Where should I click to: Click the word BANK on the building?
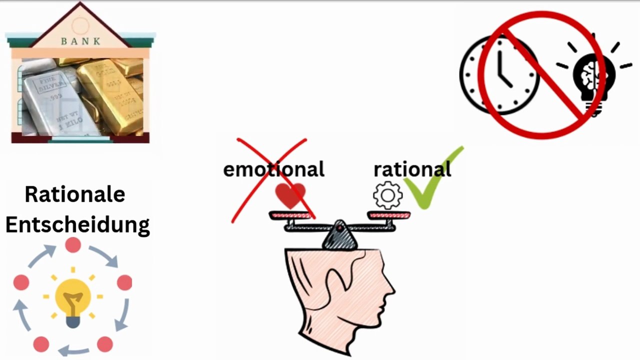click(x=80, y=41)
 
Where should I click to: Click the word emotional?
click(x=273, y=169)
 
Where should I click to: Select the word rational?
click(x=412, y=169)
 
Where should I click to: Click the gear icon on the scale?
click(x=387, y=195)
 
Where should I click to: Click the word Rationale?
click(x=75, y=194)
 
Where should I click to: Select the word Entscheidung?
click(x=77, y=224)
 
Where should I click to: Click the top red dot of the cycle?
click(x=73, y=245)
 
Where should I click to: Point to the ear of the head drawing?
click(x=334, y=287)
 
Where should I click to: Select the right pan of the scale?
click(x=389, y=215)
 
